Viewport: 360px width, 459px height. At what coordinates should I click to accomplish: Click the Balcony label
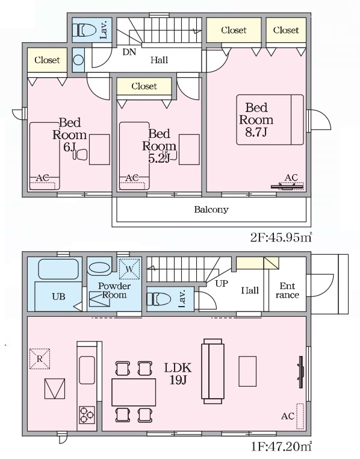point(211,210)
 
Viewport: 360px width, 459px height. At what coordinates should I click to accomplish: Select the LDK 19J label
point(178,373)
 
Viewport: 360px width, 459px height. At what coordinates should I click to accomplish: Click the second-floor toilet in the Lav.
point(84,30)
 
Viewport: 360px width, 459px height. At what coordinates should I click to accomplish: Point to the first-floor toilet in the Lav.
point(159,299)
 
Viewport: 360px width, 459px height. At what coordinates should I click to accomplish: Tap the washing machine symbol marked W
point(129,269)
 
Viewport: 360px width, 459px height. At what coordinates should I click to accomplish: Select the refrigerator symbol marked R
point(40,358)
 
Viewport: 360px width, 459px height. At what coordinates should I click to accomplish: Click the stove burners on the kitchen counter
point(87,415)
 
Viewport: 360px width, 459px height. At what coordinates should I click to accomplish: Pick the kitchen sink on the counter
point(87,370)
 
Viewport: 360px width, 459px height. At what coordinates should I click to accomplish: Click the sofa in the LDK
point(213,371)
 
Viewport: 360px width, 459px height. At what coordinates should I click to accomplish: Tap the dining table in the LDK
point(134,392)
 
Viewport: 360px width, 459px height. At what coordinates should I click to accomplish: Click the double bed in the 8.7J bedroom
point(270,119)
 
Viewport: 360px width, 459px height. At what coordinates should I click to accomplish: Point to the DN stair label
point(129,52)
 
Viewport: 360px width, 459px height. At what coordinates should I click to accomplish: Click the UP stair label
point(222,283)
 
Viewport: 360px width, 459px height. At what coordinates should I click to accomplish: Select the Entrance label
point(287,290)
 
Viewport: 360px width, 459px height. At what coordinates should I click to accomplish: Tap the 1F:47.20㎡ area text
point(281,446)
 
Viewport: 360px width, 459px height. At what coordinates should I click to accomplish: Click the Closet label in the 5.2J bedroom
point(144,86)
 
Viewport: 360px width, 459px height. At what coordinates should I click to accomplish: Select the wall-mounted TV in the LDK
point(301,372)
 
